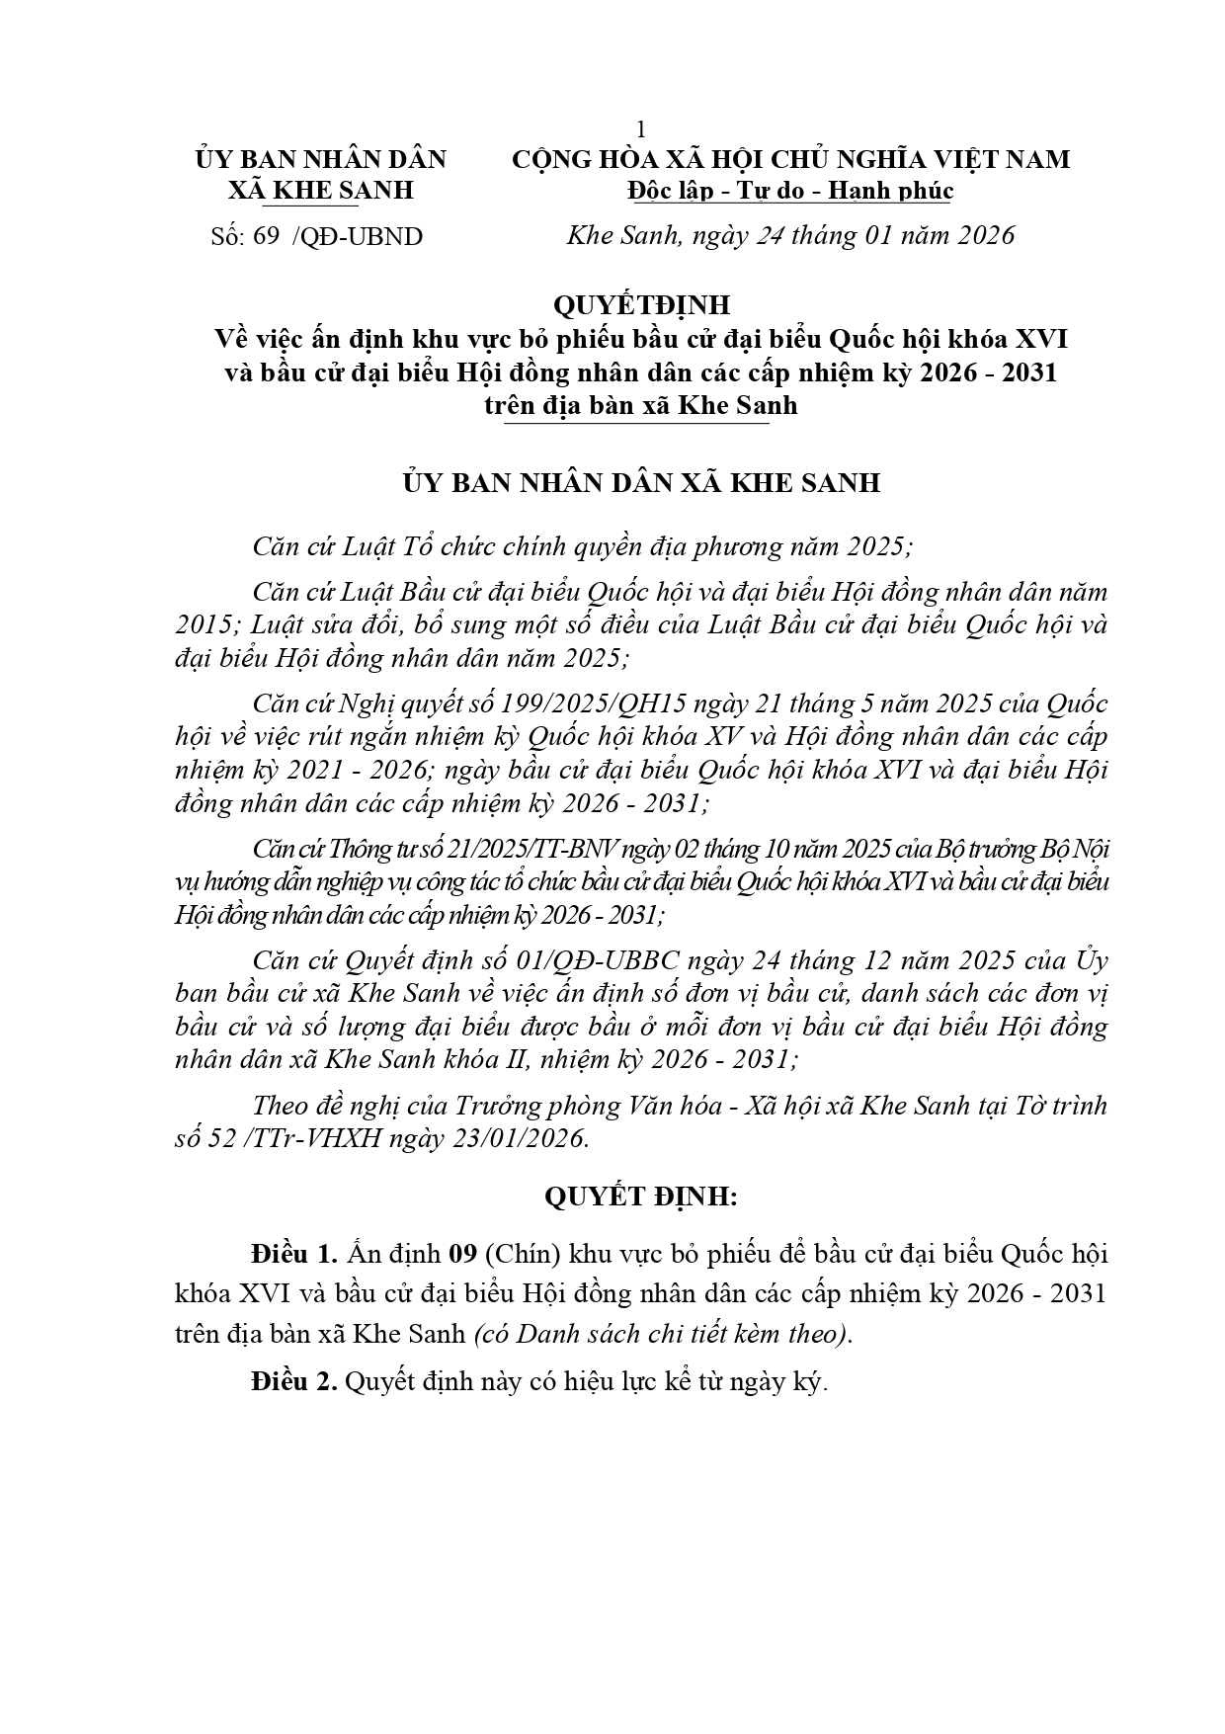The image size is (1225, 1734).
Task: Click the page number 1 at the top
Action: click(641, 129)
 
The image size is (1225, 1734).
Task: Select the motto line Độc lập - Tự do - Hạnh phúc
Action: click(789, 191)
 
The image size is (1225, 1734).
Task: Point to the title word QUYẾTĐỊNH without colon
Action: click(641, 305)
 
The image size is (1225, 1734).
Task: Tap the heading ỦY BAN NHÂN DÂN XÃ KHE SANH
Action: click(641, 484)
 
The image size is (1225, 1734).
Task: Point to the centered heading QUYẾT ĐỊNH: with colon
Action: click(641, 1197)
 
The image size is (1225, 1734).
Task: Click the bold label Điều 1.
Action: click(294, 1255)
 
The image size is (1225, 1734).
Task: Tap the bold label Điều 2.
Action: click(294, 1382)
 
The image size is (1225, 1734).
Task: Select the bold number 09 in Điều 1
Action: click(462, 1255)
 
